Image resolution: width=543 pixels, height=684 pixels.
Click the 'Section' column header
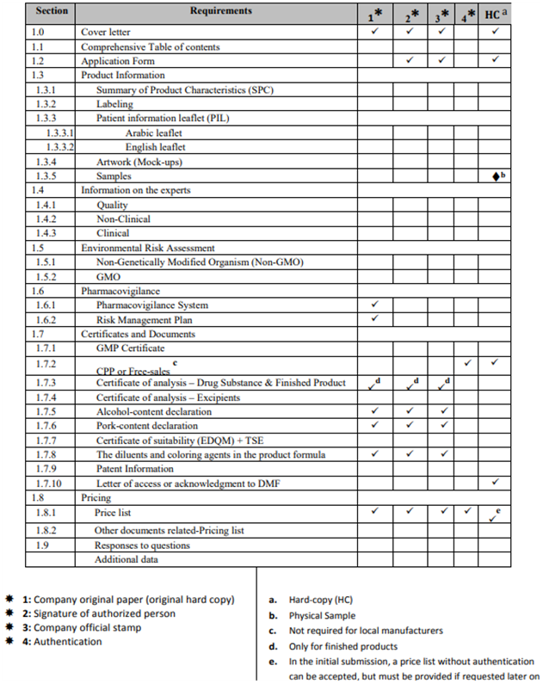pyautogui.click(x=52, y=12)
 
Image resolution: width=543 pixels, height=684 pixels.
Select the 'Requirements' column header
pyautogui.click(x=221, y=11)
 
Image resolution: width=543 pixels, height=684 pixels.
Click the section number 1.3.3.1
pyautogui.click(x=59, y=133)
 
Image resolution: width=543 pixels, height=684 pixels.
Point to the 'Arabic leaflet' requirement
pyautogui.click(x=153, y=133)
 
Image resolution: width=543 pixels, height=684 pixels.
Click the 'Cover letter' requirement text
pyautogui.click(x=106, y=32)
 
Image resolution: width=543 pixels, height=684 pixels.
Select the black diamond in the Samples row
pyautogui.click(x=495, y=176)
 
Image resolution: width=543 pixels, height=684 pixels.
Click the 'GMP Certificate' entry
pyautogui.click(x=130, y=348)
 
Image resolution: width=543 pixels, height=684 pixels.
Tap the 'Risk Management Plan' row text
pyautogui.click(x=144, y=319)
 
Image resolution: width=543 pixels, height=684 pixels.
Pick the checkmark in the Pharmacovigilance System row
pyautogui.click(x=375, y=305)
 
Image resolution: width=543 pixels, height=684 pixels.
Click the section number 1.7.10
pyautogui.click(x=51, y=484)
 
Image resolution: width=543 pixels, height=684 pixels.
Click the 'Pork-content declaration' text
pyautogui.click(x=146, y=426)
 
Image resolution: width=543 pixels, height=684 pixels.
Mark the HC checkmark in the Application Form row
pyautogui.click(x=494, y=60)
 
